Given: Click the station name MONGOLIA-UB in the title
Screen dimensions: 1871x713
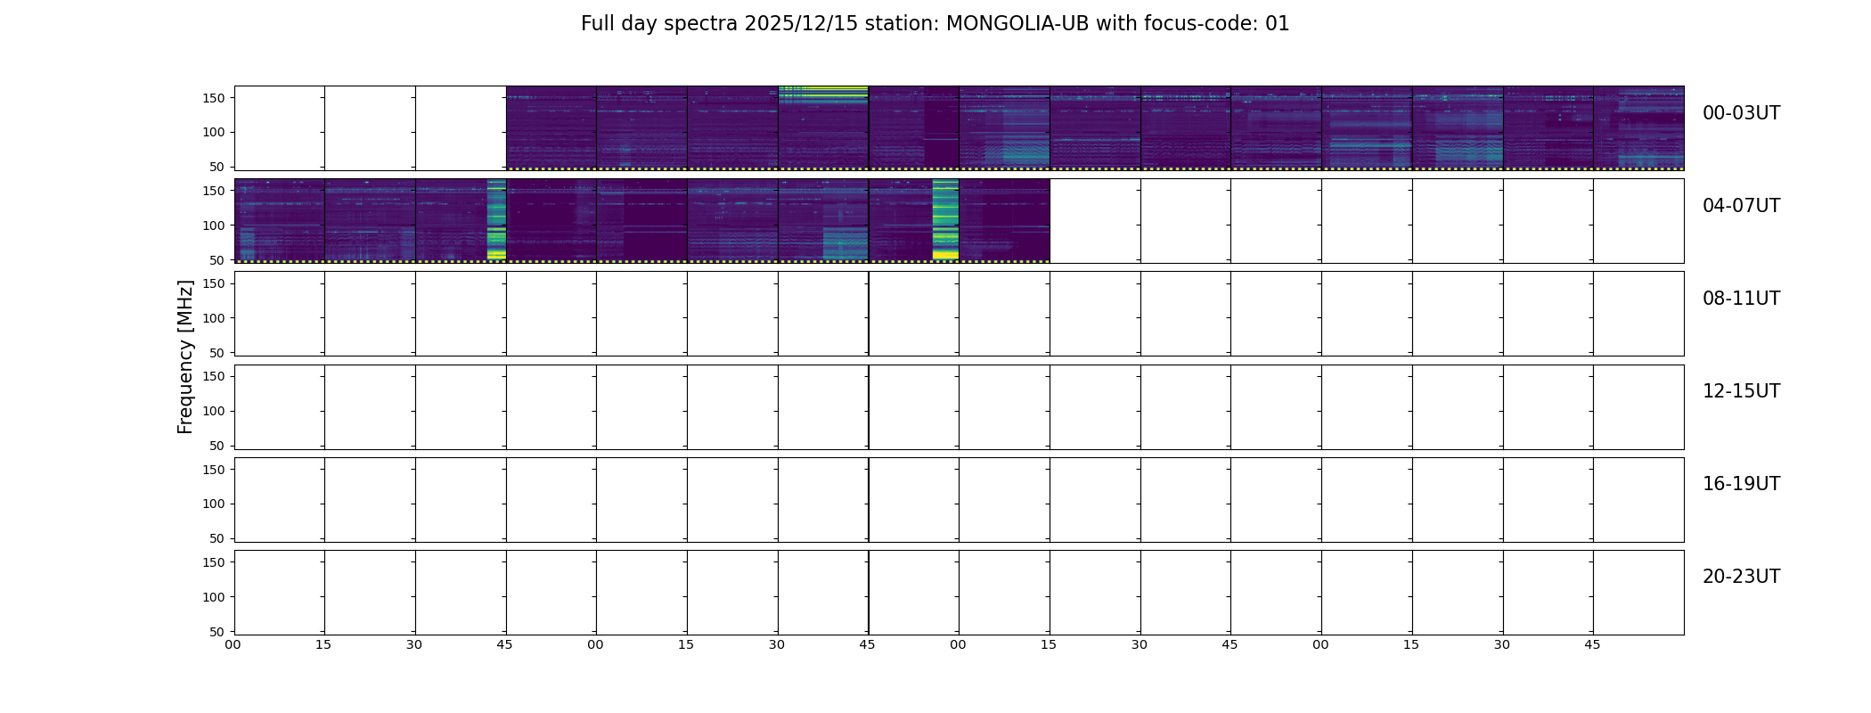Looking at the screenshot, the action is point(1017,24).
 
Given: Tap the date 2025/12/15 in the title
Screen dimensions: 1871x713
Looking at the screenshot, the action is point(801,24).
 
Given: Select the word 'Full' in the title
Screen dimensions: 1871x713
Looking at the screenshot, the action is point(597,24).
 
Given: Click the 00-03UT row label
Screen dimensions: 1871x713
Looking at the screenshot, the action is point(1741,113).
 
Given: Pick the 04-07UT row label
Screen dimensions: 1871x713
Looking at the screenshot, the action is point(1741,206).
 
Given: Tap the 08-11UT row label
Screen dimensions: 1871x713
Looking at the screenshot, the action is point(1741,299).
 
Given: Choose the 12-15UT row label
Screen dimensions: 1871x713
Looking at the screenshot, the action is point(1741,391).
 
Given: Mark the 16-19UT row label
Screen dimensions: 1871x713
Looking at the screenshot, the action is point(1741,484).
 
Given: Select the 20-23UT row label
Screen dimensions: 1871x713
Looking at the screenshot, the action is point(1741,577).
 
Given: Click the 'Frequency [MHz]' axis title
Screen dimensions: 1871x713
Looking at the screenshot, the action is point(185,356).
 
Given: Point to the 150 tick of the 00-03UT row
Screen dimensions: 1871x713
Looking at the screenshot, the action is point(214,98).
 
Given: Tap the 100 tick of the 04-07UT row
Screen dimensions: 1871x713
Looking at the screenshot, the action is point(214,225).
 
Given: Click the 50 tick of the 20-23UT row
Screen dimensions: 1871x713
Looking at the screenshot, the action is point(217,632).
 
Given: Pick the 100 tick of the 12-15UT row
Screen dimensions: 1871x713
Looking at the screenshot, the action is point(214,411).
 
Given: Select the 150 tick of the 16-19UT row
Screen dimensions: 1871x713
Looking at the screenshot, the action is point(214,470).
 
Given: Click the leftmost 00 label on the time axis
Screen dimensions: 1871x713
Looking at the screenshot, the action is point(233,645).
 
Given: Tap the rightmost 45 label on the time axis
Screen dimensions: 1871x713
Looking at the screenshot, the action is point(1592,645).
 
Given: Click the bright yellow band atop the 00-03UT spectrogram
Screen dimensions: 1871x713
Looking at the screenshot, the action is point(823,89).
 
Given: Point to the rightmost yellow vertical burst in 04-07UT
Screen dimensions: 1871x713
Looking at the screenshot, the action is point(945,219).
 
